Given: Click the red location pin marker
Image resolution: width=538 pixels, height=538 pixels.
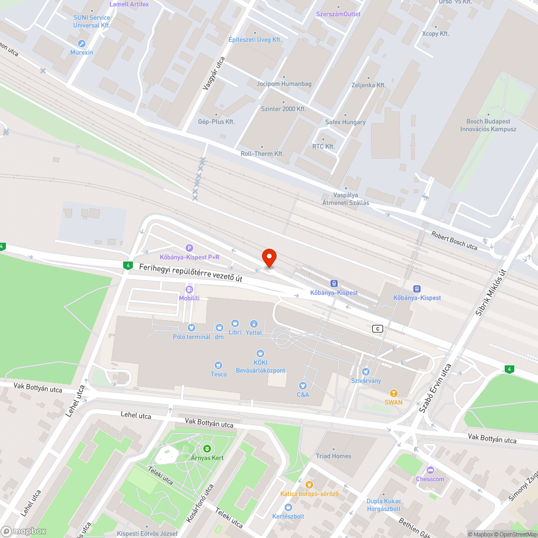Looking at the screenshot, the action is (268, 257).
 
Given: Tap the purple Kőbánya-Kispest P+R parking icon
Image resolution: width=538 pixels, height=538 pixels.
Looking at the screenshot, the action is (189, 248).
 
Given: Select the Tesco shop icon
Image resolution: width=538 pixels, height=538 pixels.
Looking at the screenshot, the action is (218, 365).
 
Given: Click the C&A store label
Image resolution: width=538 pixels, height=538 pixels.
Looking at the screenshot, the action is (302, 394).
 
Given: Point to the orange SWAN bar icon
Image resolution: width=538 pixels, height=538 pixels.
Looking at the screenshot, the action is (393, 393).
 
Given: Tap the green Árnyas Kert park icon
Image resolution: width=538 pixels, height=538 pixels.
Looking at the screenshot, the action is (206, 448).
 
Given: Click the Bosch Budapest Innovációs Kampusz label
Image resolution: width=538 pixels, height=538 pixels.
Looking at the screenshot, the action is (488, 125).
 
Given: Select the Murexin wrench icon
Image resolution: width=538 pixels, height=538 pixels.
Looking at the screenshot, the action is (82, 44).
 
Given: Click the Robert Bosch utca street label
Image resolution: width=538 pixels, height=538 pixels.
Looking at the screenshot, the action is (454, 240).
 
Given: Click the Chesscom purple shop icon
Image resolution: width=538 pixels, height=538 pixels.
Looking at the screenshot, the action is (430, 470).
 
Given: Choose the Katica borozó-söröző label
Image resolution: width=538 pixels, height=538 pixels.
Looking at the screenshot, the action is (309, 494).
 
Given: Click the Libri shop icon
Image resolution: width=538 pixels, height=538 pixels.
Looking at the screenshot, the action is (235, 324).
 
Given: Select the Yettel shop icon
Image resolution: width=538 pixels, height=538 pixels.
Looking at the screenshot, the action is (253, 324).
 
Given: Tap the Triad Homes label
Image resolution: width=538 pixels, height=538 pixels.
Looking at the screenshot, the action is (334, 456).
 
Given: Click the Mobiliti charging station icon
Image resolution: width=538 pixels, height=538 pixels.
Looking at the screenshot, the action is (189, 289).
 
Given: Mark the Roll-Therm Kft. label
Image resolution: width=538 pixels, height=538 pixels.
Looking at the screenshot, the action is (262, 153).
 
